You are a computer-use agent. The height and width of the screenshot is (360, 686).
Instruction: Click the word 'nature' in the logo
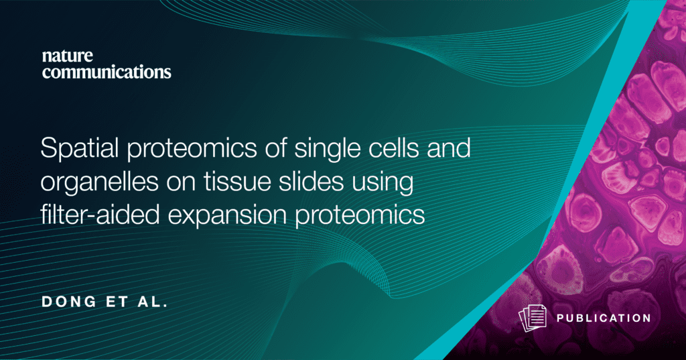click(68, 56)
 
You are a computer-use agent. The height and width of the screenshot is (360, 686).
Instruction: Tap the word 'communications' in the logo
click(107, 71)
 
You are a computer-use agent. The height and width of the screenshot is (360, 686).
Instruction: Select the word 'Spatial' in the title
click(79, 147)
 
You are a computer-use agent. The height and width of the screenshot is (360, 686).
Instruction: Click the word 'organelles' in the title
click(99, 181)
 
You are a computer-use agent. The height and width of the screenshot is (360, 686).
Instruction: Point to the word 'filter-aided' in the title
click(100, 215)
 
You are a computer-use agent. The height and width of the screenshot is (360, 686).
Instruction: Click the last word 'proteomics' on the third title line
click(360, 215)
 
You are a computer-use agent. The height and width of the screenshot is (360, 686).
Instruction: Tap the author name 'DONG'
click(69, 301)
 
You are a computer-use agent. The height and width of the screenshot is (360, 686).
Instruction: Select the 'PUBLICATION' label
click(604, 318)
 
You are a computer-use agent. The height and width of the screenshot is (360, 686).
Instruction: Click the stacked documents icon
click(533, 318)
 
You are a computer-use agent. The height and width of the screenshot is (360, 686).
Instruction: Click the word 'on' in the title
click(181, 184)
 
